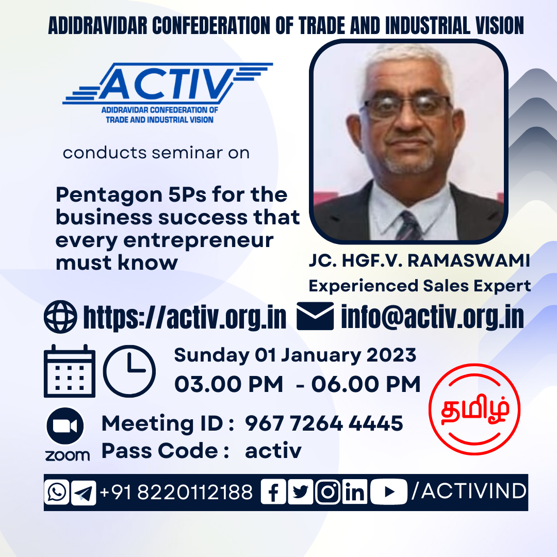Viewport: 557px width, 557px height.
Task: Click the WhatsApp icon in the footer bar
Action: point(57,492)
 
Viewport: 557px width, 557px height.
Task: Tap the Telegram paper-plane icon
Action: point(84,493)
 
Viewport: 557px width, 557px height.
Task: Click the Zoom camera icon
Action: point(65,426)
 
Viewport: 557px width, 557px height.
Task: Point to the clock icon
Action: point(129,371)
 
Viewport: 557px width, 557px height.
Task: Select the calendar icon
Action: point(70,371)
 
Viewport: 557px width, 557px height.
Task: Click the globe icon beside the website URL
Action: point(60,317)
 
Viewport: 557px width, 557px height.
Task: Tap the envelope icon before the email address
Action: point(315,316)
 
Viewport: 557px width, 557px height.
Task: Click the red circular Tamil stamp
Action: point(474,409)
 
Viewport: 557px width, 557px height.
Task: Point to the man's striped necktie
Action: point(408,226)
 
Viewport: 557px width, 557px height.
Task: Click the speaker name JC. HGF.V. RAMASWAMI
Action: point(419,260)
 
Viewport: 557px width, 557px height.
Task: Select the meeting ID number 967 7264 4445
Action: point(324,423)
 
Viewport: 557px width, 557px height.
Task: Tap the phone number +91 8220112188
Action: point(176,492)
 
